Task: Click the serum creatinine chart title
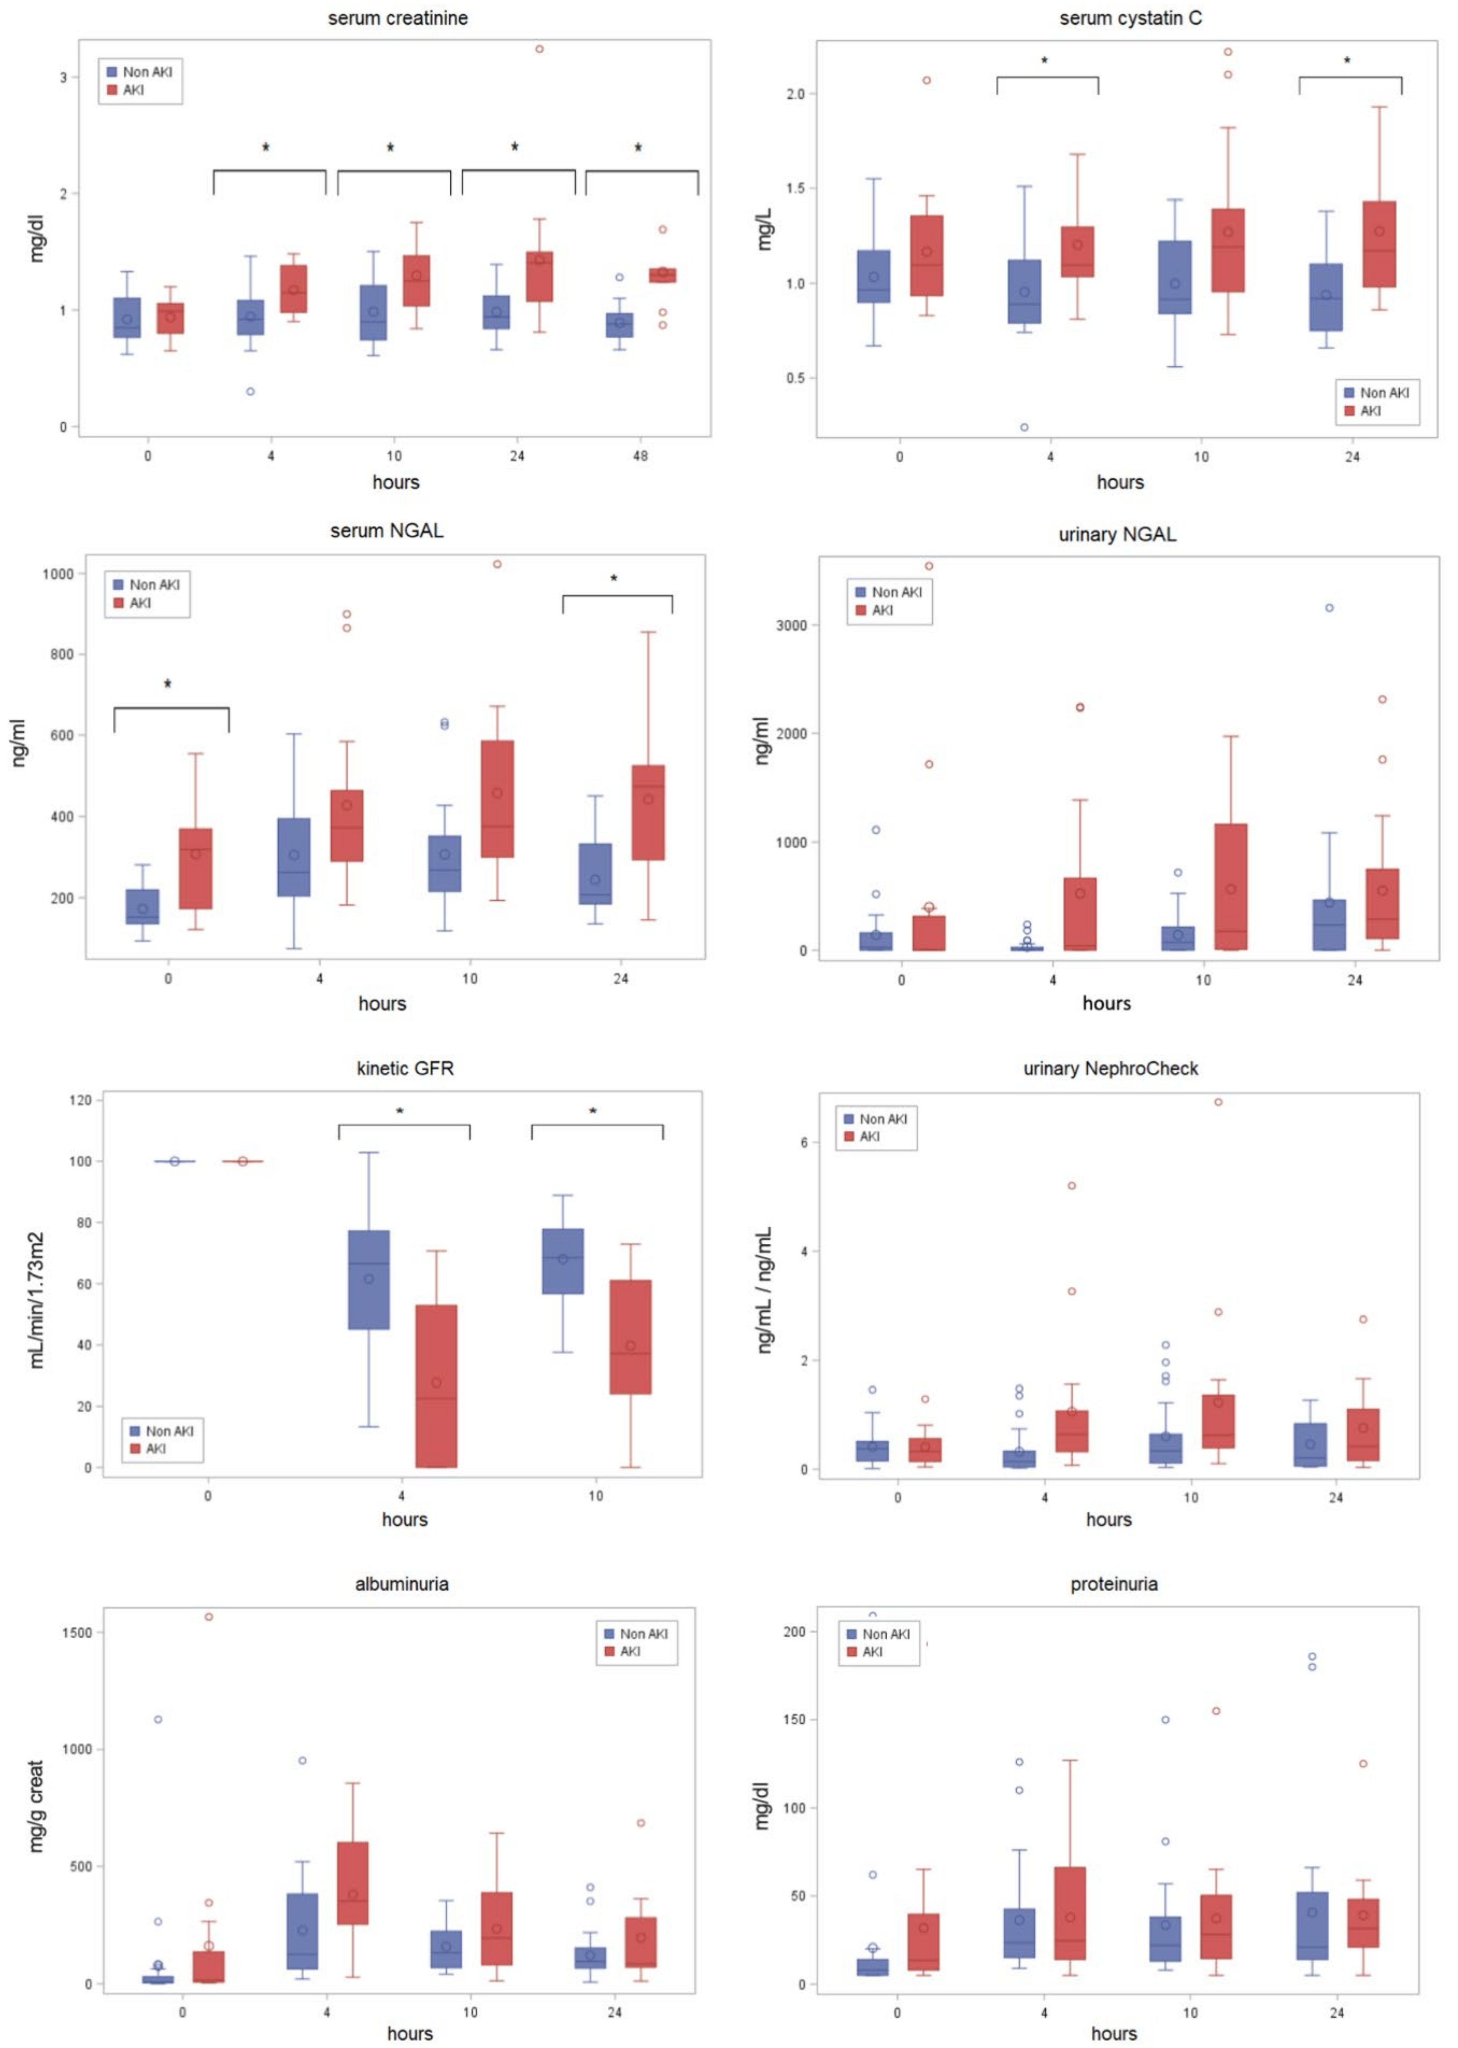pos(398,18)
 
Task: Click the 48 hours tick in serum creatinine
pos(640,456)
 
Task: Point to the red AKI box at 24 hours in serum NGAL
pos(648,813)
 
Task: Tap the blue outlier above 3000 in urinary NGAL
pos(1330,608)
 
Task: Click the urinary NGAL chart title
pos(1117,535)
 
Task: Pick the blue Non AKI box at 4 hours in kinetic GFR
pos(369,1280)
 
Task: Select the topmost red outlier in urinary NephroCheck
pos(1218,1102)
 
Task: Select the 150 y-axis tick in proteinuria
pos(795,1719)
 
